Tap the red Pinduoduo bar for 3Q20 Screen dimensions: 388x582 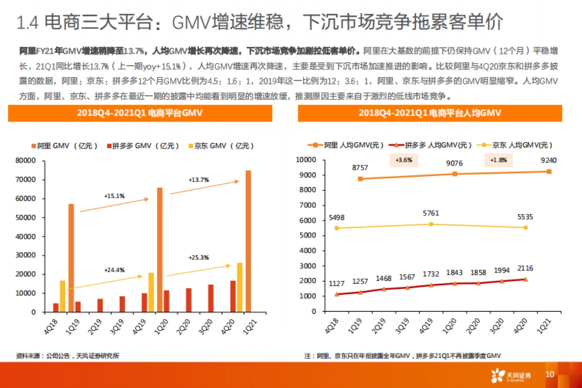coord(211,298)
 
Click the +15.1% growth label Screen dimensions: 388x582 coord(114,196)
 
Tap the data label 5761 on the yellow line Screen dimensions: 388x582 coord(431,213)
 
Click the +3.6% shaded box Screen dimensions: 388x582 coord(404,160)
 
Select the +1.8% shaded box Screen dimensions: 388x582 coord(498,160)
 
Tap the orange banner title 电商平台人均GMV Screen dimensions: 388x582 coord(430,113)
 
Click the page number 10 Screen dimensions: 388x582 coord(550,374)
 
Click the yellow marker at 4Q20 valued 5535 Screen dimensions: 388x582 coord(525,227)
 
